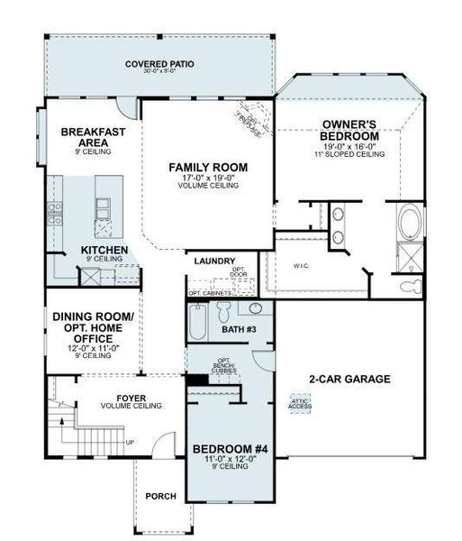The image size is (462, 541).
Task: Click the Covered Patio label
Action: click(160, 64)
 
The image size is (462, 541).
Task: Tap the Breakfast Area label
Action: click(93, 137)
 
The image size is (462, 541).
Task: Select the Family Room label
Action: click(208, 167)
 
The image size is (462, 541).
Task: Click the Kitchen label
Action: click(104, 250)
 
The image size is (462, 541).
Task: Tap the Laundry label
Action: click(214, 261)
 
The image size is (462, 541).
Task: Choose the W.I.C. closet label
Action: click(300, 266)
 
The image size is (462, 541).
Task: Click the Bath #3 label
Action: click(239, 330)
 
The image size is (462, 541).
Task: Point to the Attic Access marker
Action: click(300, 404)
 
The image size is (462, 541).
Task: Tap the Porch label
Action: click(160, 497)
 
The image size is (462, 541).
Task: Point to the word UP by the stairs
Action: click(130, 443)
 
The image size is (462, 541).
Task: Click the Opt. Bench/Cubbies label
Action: click(224, 366)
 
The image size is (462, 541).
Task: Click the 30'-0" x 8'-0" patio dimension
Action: click(160, 73)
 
